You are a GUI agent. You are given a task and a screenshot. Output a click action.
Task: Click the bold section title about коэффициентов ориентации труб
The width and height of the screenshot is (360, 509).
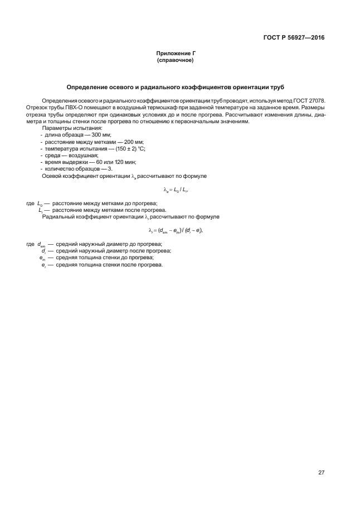pyautogui.click(x=176, y=88)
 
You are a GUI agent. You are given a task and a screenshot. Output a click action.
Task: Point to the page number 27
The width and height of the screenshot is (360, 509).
pyautogui.click(x=321, y=473)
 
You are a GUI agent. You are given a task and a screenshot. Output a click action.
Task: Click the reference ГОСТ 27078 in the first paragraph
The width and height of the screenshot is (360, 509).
pyautogui.click(x=310, y=100)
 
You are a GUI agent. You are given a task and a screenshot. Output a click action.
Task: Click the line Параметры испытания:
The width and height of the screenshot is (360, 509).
pyautogui.click(x=68, y=128)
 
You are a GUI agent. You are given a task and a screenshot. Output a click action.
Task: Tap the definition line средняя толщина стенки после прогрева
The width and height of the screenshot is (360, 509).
pyautogui.click(x=109, y=264)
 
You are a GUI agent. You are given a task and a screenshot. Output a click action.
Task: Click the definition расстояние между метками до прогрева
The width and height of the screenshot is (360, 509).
pyautogui.click(x=104, y=203)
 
